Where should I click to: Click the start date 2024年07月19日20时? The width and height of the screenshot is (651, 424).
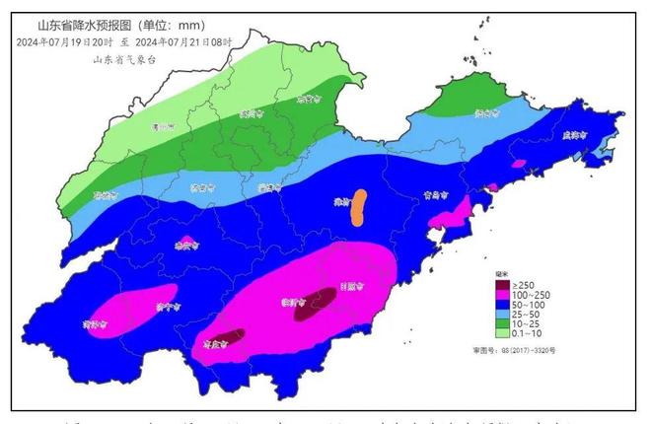pyautogui.click(x=64, y=42)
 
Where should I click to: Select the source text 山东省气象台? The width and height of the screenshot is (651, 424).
pyautogui.click(x=124, y=59)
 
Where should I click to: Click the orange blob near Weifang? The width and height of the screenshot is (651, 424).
pyautogui.click(x=360, y=207)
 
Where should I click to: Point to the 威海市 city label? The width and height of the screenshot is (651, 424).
pyautogui.click(x=574, y=136)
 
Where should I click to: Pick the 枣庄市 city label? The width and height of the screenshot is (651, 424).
pyautogui.click(x=235, y=344)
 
